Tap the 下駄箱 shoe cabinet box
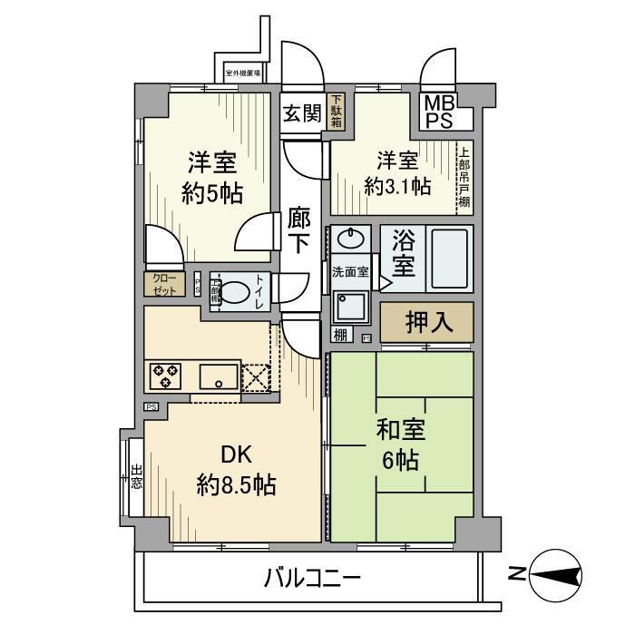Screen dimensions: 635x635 tap(337, 112)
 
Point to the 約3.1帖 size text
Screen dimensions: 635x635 tap(397, 186)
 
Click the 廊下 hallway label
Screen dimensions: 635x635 tap(299, 231)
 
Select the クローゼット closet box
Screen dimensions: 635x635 tap(164, 285)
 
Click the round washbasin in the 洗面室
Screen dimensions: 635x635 tap(350, 240)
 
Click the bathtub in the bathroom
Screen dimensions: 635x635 tap(449, 259)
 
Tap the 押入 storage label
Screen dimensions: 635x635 tap(426, 323)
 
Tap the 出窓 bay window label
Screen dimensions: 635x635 tap(136, 476)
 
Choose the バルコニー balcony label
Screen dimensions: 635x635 tap(313, 578)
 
